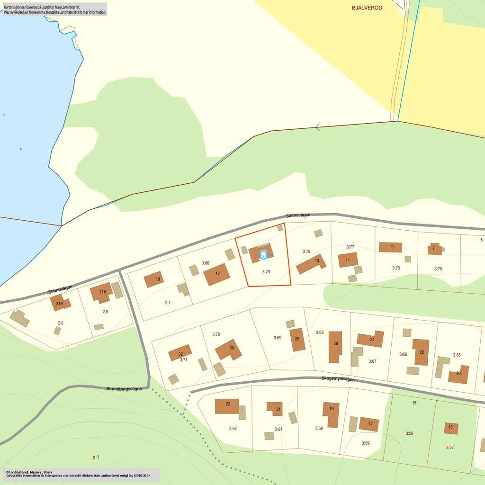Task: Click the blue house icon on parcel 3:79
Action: [264, 255]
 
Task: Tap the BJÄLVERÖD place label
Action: [367, 8]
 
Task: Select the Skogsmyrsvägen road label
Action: [338, 379]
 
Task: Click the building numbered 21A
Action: [103, 292]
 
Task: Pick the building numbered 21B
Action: [60, 303]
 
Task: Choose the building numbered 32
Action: [180, 353]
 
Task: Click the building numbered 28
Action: [297, 339]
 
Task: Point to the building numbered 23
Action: [228, 405]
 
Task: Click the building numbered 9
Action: [391, 247]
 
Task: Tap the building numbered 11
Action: [348, 260]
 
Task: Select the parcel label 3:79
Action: [266, 272]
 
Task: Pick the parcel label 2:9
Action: [105, 312]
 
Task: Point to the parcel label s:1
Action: [96, 457]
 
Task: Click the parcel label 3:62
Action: [233, 429]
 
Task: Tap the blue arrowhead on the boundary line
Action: [318, 127]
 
